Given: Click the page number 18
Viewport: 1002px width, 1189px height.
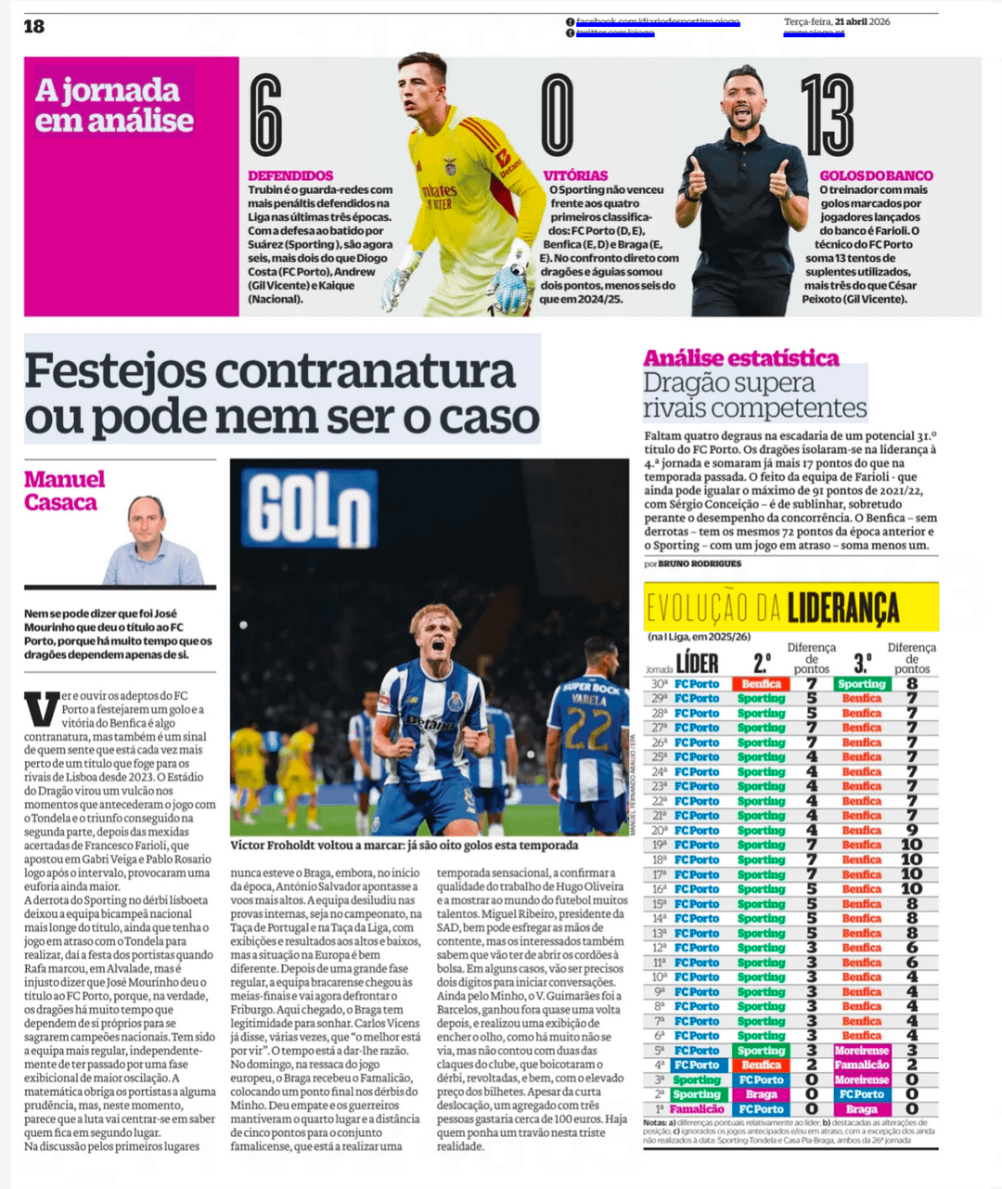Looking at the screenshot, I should tap(34, 26).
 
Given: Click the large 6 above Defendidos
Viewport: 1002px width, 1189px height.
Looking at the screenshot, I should tap(265, 116).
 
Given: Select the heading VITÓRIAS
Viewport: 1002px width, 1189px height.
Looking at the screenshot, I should tap(575, 175).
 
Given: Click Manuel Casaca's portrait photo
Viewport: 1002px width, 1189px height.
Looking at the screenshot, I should tap(154, 540).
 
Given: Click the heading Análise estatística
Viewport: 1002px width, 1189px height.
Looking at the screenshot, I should tap(740, 358).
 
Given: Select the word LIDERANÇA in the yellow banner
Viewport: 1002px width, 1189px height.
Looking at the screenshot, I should tap(843, 609).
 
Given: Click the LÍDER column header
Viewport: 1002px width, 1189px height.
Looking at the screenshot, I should tap(697, 663).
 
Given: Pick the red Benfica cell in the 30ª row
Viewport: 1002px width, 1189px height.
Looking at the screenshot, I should tap(762, 684).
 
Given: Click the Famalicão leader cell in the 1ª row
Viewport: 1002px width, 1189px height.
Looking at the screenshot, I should tap(697, 1109).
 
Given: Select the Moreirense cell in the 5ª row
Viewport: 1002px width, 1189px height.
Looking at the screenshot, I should tap(862, 1051).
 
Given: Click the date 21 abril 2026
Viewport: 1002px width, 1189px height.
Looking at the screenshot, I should tap(862, 21).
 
